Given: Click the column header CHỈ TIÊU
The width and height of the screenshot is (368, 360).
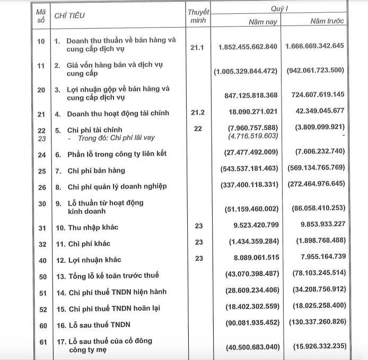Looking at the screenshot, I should pos(69,15).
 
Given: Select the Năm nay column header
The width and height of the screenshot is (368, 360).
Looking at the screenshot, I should pos(263,22).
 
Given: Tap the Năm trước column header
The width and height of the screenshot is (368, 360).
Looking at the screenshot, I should pos(327,22).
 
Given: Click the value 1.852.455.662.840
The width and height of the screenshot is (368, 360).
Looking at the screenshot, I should pos(248,47).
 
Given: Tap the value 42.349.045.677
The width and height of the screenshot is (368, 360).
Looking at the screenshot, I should pos(318,111).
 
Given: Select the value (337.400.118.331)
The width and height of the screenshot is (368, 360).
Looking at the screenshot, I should pos(249,186).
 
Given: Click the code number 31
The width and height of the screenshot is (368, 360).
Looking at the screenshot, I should pos(41,227).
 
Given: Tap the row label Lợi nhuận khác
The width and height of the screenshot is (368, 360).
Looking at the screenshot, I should pos(94,260).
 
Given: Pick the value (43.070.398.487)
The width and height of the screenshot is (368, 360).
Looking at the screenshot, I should pos(249,276).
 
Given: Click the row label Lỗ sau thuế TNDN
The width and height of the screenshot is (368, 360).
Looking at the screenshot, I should pos(99,324).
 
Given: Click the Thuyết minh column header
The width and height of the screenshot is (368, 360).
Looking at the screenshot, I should pos(198,16).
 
